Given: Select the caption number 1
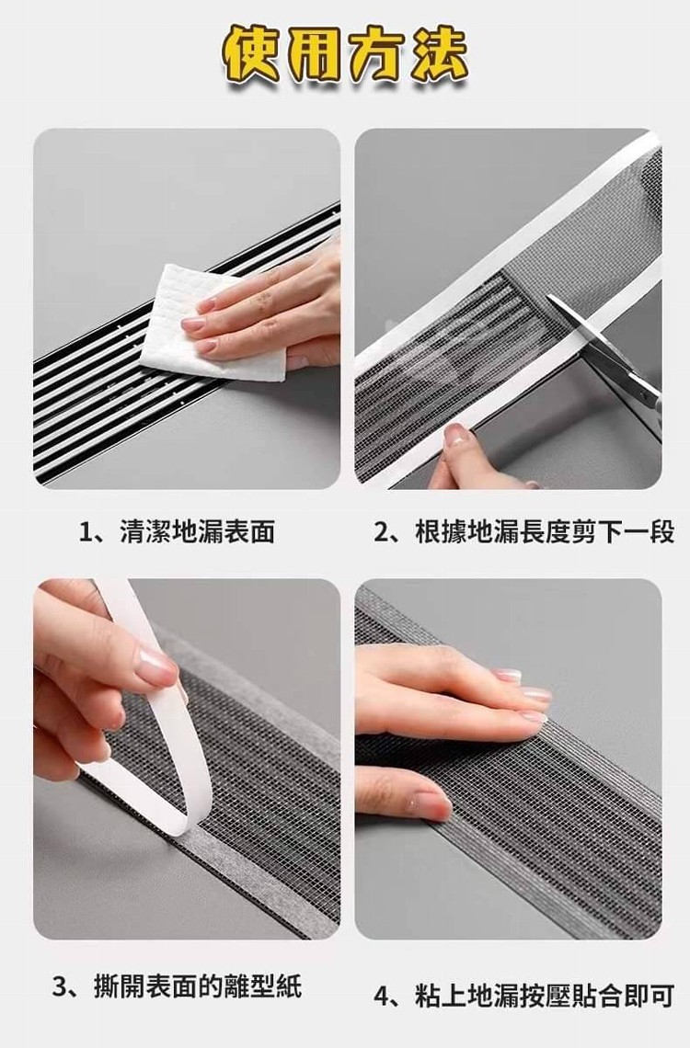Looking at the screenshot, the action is pos(86,532).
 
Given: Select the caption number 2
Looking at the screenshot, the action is pos(381,532).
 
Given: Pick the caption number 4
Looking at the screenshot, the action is pos(381,997).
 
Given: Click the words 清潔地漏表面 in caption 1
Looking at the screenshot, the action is pos(197,532).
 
